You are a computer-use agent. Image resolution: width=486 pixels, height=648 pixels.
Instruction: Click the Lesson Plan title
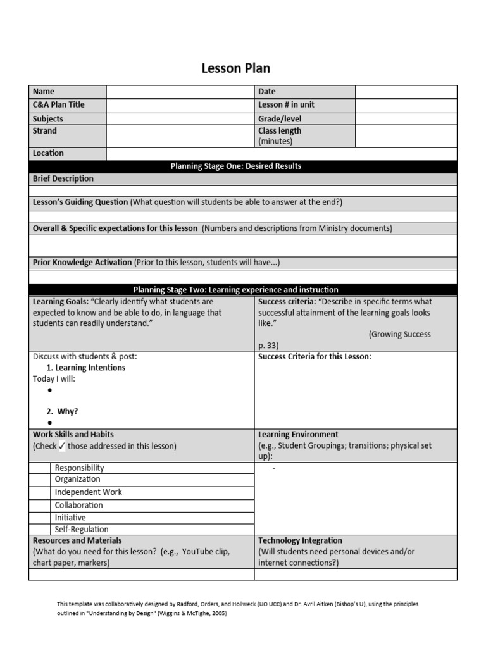coord(236,68)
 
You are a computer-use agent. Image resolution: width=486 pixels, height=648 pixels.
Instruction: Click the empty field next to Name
coord(180,92)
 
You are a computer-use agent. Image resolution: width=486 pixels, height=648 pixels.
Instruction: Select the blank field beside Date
coord(406,92)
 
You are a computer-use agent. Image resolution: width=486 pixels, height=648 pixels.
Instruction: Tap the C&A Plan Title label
coord(58,105)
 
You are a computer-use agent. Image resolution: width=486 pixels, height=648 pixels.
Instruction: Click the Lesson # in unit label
coord(286,105)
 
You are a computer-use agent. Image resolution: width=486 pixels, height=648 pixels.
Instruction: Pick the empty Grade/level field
coord(406,119)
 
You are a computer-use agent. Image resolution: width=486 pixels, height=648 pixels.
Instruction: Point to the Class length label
coord(280,131)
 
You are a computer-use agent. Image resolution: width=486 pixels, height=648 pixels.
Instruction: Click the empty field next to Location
coord(282,154)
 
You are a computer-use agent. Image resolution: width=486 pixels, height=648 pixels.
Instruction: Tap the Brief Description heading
coord(63,179)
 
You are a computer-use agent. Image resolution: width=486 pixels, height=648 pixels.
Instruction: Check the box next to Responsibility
coord(42,468)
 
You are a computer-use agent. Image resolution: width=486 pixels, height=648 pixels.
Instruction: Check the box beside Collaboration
coord(42,505)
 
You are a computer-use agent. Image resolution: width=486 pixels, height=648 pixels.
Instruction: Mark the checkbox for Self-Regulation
coord(42,530)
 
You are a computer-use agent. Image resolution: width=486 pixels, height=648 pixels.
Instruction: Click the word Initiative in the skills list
coord(70,518)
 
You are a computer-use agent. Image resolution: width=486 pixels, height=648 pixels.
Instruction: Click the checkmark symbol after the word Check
coord(62,446)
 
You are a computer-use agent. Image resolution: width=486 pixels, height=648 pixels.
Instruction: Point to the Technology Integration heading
coord(300,541)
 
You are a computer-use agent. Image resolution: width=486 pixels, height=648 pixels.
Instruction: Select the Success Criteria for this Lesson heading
coord(315,357)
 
